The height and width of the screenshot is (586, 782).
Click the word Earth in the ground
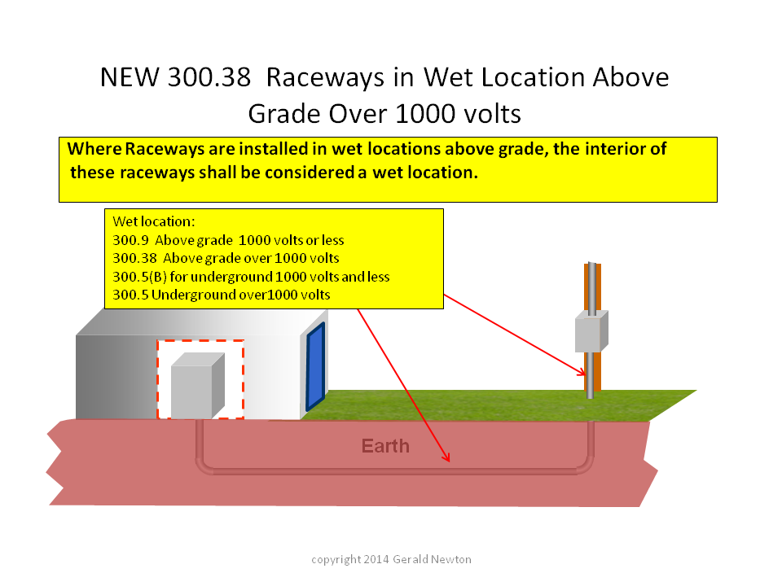[x=385, y=446]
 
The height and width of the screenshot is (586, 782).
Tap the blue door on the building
[x=316, y=365]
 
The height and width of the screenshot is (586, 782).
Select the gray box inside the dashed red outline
[x=198, y=386]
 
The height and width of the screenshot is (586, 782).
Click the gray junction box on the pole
[x=591, y=331]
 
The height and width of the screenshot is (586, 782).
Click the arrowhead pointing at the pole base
[x=581, y=372]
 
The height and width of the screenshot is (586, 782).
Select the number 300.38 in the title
[x=209, y=78]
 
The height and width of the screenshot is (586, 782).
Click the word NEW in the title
[x=130, y=78]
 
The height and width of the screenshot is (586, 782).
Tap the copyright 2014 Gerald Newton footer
[x=391, y=560]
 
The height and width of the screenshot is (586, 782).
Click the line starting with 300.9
[x=228, y=240]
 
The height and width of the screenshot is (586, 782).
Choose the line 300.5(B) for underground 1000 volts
[x=251, y=277]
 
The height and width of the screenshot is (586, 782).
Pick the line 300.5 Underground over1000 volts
[x=222, y=295]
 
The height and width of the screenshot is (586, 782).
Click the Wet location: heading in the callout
[x=154, y=221]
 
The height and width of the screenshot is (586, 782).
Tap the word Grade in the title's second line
[x=283, y=114]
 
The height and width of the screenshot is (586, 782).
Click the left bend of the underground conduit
[x=204, y=463]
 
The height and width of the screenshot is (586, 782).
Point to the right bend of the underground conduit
[x=585, y=463]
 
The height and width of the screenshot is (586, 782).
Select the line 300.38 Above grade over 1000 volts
[x=226, y=258]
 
